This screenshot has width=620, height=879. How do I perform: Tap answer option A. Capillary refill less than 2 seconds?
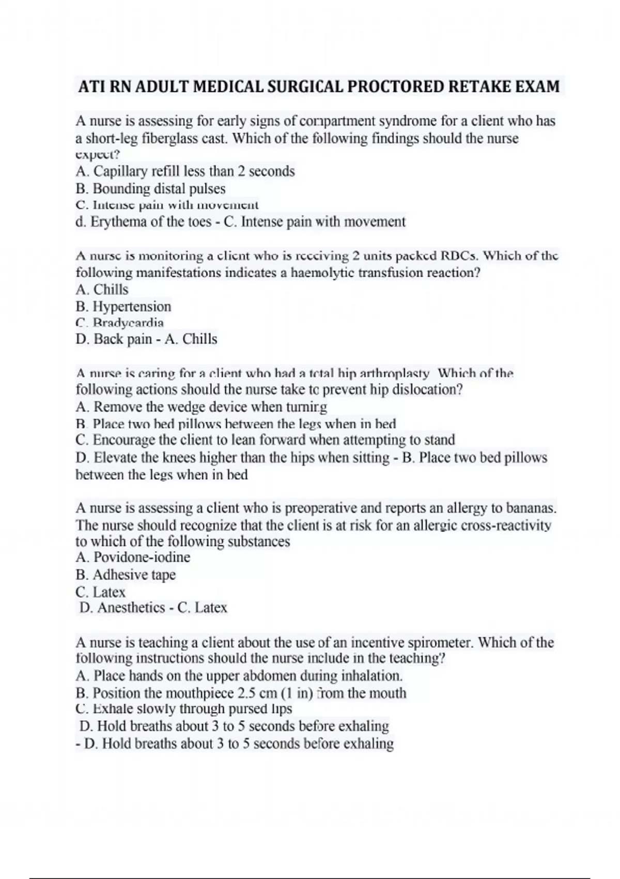point(185,171)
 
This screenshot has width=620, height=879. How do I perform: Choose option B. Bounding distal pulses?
point(150,189)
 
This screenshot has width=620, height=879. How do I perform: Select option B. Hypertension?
point(123,307)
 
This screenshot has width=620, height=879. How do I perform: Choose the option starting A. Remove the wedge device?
point(201,407)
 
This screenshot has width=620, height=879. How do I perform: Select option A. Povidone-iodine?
point(133,557)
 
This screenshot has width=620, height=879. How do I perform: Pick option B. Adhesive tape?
point(126,575)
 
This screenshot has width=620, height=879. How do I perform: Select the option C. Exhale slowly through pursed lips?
point(183,709)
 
